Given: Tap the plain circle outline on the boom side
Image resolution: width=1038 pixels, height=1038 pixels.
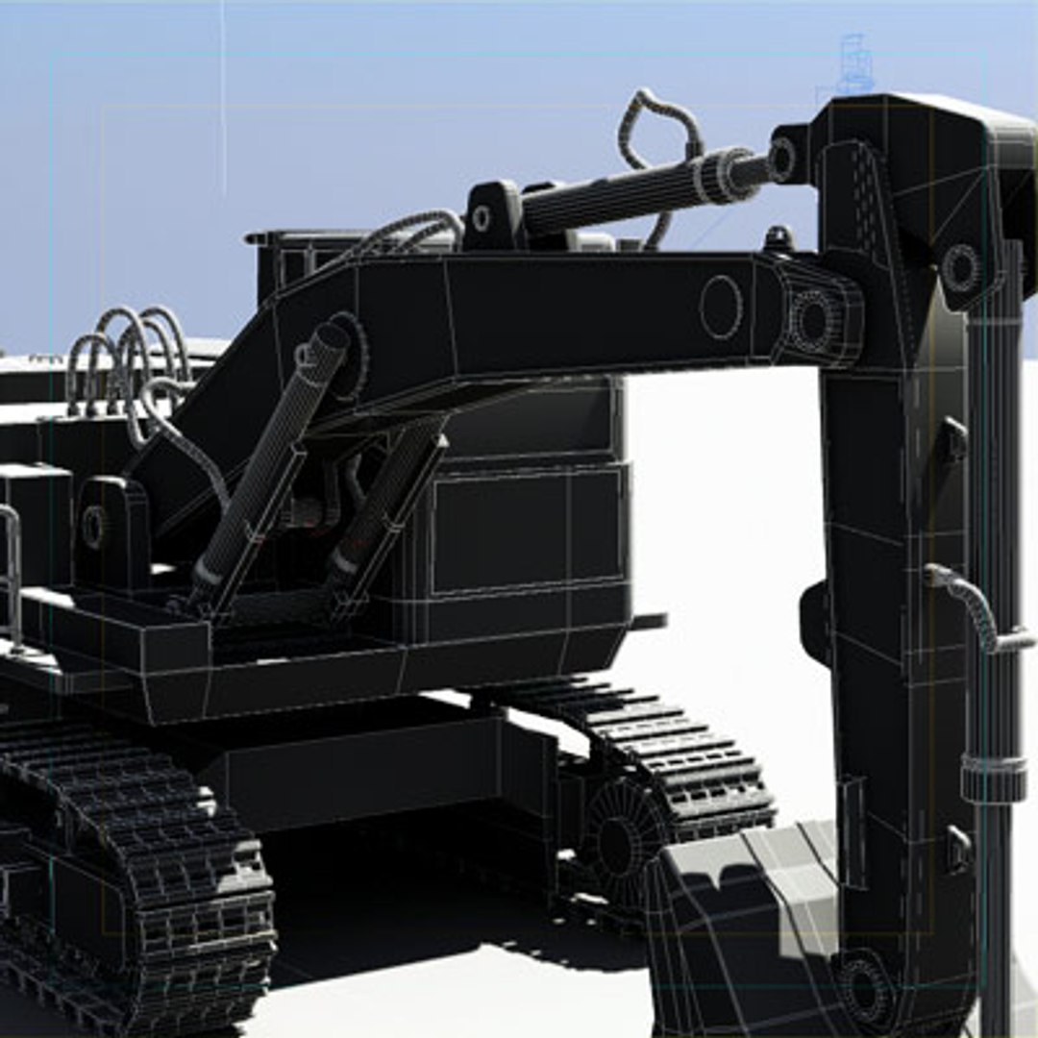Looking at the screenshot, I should tap(720, 307).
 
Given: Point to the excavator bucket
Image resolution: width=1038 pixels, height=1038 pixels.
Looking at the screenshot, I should tap(740, 923).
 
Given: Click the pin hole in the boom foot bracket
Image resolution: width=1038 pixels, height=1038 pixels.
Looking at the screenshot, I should tap(93, 527).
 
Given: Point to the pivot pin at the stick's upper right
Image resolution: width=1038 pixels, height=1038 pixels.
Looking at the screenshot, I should tap(959, 267).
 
